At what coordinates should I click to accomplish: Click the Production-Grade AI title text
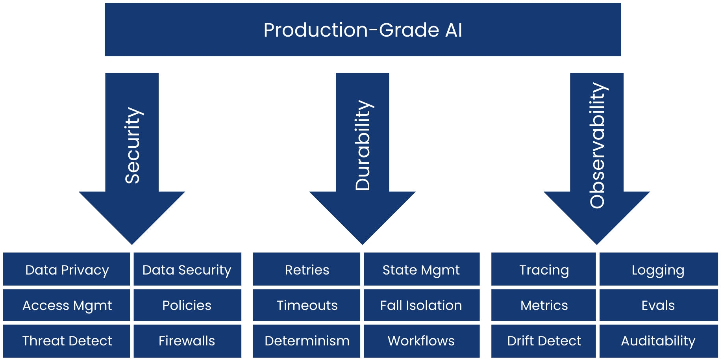(363, 30)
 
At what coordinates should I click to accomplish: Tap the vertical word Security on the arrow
(132, 145)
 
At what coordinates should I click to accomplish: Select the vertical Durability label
(363, 145)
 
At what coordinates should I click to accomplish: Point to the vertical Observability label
(597, 145)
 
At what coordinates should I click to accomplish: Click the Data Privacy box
(67, 269)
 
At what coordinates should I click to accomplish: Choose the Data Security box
(187, 269)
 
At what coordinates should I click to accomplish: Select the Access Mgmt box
(67, 305)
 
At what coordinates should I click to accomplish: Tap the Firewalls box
(187, 341)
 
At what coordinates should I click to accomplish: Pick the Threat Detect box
(67, 341)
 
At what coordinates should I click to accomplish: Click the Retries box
(307, 269)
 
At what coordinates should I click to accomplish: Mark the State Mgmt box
(421, 269)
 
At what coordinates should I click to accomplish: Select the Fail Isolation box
(421, 305)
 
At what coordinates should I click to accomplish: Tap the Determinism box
(307, 341)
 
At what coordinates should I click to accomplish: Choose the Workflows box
(421, 341)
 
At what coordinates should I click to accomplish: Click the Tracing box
(544, 269)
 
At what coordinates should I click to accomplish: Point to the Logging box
(658, 269)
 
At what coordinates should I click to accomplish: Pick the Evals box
(658, 305)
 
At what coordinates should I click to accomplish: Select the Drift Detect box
(544, 341)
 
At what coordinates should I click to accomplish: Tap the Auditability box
(658, 341)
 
